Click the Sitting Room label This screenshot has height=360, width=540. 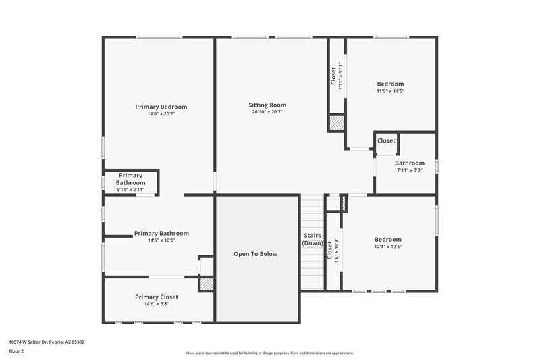click(x=267, y=105)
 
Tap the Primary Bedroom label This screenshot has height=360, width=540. click(x=161, y=107)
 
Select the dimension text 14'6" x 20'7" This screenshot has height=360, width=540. click(x=161, y=113)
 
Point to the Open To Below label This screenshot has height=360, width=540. click(x=255, y=254)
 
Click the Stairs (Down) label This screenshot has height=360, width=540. click(x=312, y=239)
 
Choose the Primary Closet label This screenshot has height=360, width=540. click(x=156, y=297)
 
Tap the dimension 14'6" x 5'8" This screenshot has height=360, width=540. click(x=156, y=304)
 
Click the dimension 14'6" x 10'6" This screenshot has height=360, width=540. click(x=161, y=240)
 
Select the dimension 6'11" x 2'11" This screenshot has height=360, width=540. click(x=130, y=190)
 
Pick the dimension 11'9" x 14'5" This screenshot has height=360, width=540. click(x=390, y=91)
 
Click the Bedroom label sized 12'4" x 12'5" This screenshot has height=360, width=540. click(x=388, y=239)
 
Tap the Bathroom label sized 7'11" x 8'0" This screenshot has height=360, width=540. click(x=410, y=163)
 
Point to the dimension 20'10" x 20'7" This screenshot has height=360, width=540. click(x=267, y=112)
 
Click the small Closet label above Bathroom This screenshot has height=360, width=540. click(x=386, y=140)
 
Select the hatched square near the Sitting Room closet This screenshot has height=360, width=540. click(x=337, y=124)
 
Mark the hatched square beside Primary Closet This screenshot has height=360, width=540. click(x=206, y=285)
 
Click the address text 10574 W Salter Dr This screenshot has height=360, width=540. click(x=47, y=342)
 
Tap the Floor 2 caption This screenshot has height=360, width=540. click(x=16, y=351)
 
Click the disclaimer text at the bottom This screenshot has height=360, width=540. click(x=269, y=353)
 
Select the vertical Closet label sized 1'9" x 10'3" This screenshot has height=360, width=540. click(x=329, y=251)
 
